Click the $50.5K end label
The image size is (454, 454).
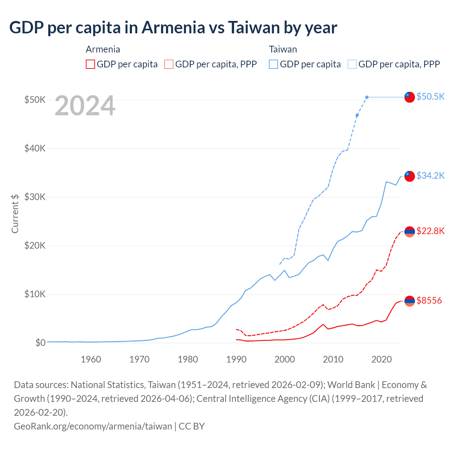(x=430, y=96)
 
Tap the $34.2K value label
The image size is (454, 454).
(x=430, y=176)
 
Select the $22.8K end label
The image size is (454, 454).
(x=430, y=231)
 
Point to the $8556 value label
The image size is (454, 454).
(x=429, y=301)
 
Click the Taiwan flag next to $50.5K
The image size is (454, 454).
(x=410, y=97)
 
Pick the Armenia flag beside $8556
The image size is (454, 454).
(x=410, y=301)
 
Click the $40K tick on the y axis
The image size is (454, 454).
(x=35, y=148)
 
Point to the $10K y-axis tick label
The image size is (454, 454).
(x=35, y=294)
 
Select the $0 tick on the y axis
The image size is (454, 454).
(x=40, y=343)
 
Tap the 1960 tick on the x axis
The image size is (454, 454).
(x=91, y=359)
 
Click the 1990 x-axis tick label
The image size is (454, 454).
(x=236, y=359)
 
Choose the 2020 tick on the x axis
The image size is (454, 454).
(x=381, y=359)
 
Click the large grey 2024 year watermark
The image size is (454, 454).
(x=85, y=106)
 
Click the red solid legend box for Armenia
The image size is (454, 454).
(x=90, y=64)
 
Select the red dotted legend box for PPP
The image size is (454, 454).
(x=169, y=64)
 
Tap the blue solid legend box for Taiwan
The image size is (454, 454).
(x=273, y=64)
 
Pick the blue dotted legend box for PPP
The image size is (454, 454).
(x=352, y=64)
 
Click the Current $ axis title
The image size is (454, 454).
(x=15, y=214)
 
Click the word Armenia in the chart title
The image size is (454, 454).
(x=173, y=27)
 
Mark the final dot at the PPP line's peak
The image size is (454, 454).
(x=367, y=97)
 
